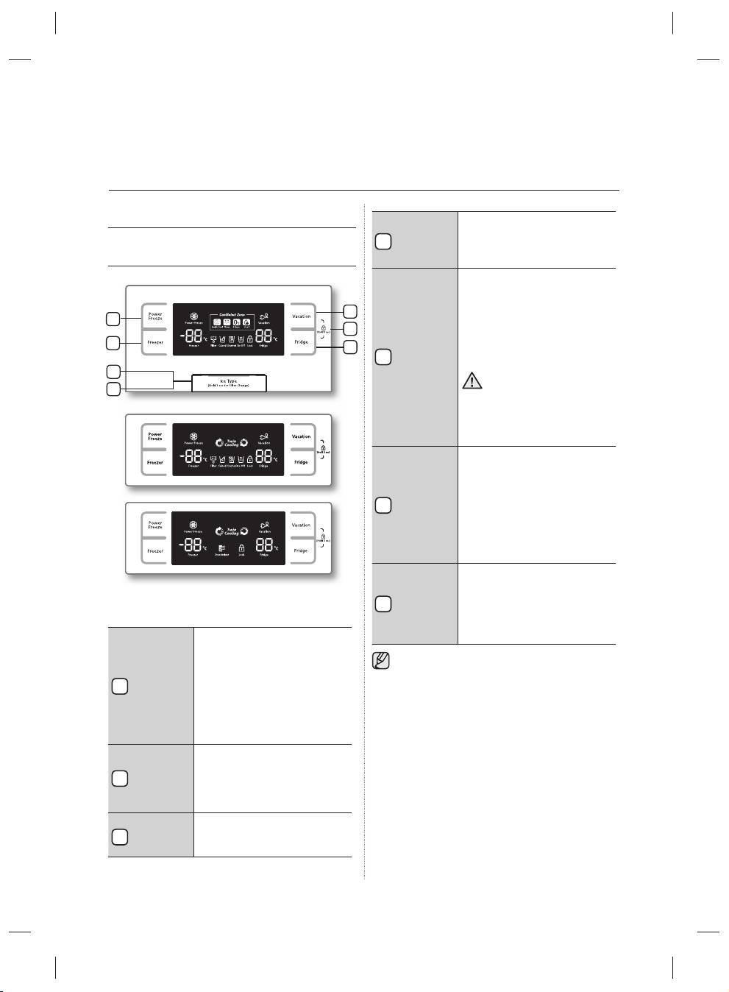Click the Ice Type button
(230, 383)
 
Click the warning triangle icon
(472, 380)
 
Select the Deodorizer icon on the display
(222, 549)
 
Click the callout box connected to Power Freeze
(113, 319)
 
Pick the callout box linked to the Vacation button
(351, 311)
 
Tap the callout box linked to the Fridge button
(351, 347)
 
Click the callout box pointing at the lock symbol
(351, 328)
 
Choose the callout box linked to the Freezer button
(113, 343)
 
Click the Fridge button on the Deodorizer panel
(301, 550)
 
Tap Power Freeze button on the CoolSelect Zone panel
(155, 316)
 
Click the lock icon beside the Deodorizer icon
(241, 549)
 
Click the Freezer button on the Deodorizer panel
(155, 551)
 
